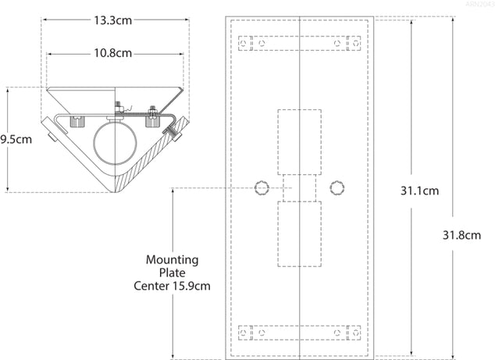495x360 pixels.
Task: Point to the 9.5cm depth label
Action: click(15, 140)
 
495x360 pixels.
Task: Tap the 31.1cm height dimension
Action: click(419, 190)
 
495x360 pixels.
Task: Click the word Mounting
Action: click(172, 259)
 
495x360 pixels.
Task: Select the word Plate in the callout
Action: click(172, 273)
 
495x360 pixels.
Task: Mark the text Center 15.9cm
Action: click(172, 286)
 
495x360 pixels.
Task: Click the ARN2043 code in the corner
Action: click(479, 5)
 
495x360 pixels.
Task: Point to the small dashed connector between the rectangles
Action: click(300, 187)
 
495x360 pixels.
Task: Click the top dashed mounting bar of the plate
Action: click(300, 42)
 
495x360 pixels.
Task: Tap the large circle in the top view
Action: click(116, 142)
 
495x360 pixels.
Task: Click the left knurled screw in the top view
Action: click(77, 122)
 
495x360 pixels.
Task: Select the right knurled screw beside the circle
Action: click(153, 121)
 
